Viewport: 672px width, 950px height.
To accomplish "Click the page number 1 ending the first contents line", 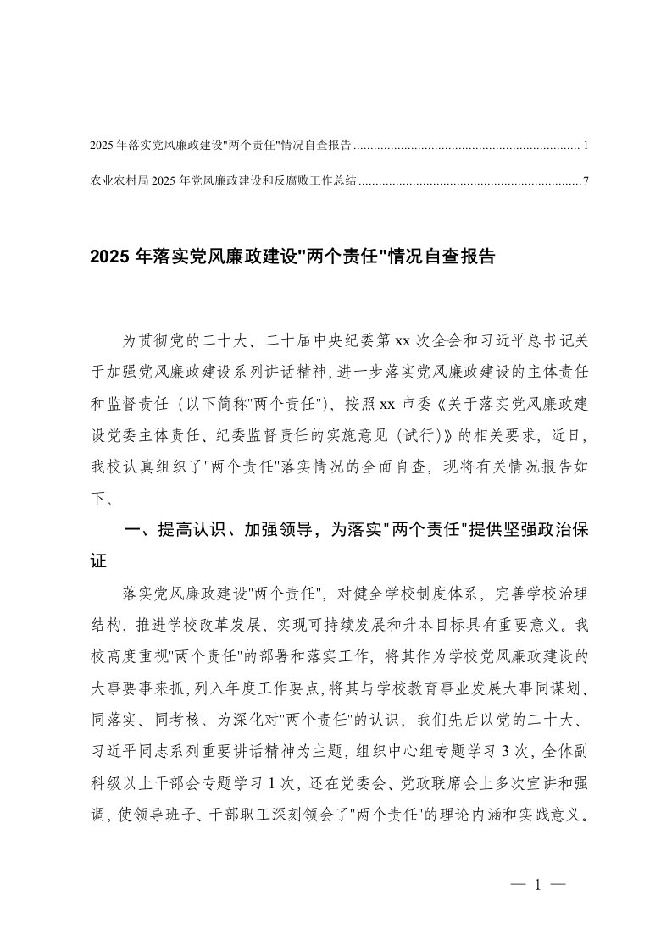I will (586, 146).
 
